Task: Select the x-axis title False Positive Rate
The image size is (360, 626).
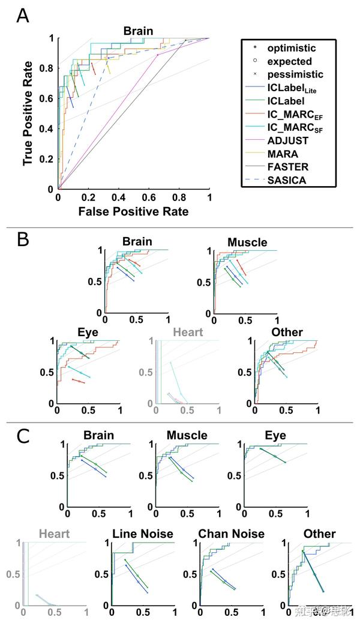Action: [133, 211]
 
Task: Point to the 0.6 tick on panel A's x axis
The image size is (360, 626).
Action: [149, 198]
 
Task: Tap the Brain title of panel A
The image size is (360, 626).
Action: [139, 31]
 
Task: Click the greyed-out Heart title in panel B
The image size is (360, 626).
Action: [187, 332]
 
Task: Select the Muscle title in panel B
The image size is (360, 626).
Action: [247, 242]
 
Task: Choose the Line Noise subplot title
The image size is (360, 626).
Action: [143, 534]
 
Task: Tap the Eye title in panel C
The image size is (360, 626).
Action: [275, 435]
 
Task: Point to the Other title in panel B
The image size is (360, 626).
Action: [287, 332]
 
